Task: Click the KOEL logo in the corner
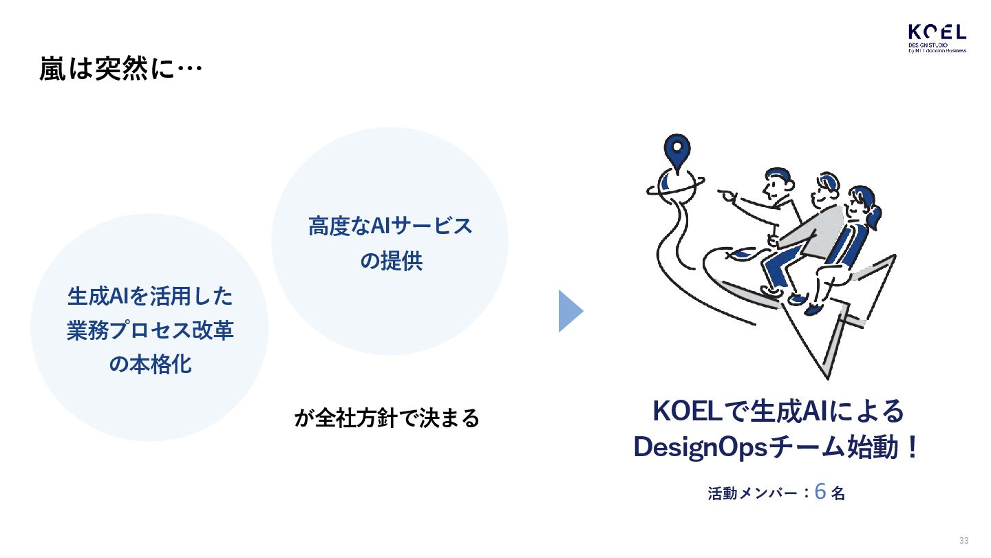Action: [937, 39]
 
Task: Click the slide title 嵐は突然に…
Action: [120, 69]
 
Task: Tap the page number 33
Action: [963, 540]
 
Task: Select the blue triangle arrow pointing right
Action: [570, 311]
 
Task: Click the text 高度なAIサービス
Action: [390, 226]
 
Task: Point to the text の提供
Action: [390, 261]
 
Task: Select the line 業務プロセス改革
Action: [150, 330]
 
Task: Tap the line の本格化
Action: [150, 365]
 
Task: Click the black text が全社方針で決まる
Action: [386, 418]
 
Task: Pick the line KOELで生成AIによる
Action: [777, 411]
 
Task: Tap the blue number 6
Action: [820, 491]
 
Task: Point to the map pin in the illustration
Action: [677, 151]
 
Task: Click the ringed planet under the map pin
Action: [674, 184]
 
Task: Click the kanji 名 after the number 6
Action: [838, 493]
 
